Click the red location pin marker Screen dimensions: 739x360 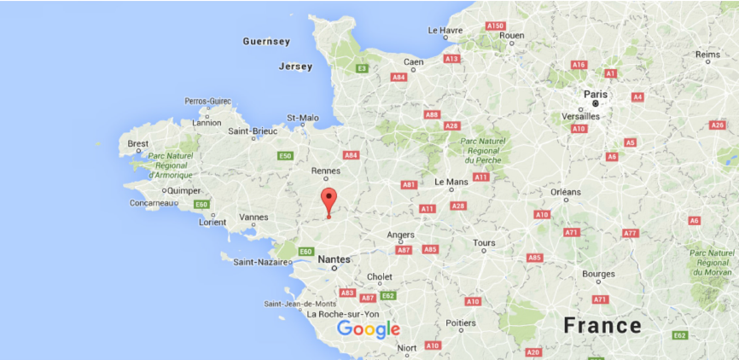[329, 201]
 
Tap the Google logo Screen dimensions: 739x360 [368, 329]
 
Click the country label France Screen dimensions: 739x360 [602, 325]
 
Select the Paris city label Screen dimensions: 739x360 [596, 95]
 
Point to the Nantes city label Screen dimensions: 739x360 [334, 258]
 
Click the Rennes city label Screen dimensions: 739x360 [325, 171]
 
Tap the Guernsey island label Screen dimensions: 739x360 [266, 41]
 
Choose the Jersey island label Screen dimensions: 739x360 [295, 67]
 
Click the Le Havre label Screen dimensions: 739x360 [445, 30]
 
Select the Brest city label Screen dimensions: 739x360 [137, 143]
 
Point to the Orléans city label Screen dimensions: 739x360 [566, 192]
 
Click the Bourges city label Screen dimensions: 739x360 [598, 274]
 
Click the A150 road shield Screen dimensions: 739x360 [496, 26]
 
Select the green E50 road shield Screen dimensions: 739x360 [285, 155]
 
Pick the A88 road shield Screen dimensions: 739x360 [432, 114]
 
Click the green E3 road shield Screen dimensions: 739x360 [362, 67]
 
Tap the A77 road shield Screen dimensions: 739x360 [630, 233]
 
